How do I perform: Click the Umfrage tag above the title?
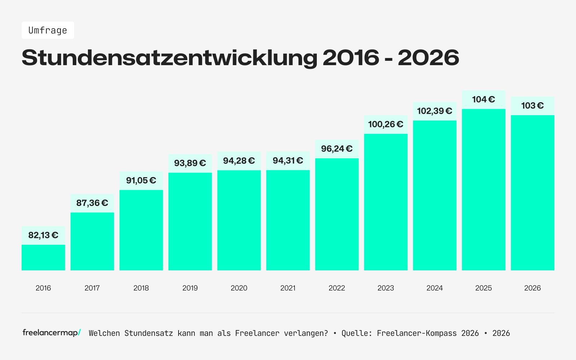(48, 30)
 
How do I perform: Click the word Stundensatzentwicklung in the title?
(169, 58)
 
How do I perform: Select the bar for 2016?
(43, 257)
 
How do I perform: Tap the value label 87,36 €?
(92, 203)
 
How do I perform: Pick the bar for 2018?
(141, 230)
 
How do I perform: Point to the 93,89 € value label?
(190, 163)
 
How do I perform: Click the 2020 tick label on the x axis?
(239, 288)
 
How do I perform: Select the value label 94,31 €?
(288, 161)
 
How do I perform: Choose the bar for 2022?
(337, 214)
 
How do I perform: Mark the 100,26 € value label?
(386, 125)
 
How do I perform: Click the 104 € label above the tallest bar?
(483, 99)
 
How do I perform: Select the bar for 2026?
(532, 193)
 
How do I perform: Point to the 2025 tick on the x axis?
(483, 288)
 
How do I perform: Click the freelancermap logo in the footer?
(51, 333)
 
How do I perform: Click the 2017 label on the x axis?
(92, 288)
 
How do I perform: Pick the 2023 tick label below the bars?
(386, 288)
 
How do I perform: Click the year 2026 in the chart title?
(428, 58)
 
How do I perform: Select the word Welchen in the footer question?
(104, 333)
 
